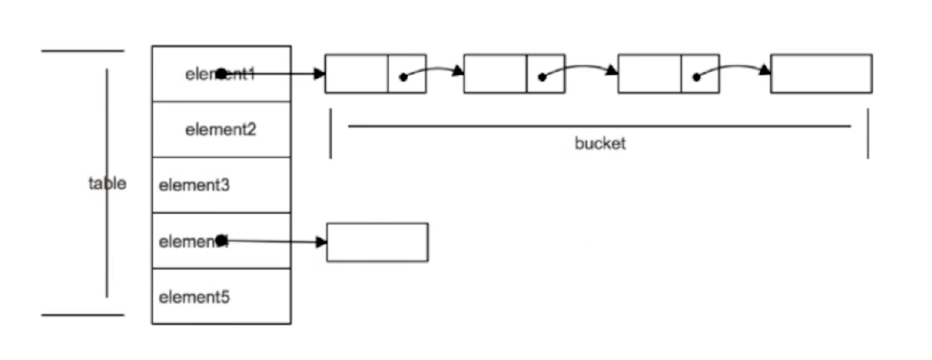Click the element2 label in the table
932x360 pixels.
point(220,130)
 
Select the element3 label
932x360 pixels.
point(194,185)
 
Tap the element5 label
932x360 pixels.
point(194,297)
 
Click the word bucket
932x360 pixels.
point(600,144)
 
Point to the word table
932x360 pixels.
point(107,183)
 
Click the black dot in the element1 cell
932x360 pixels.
point(221,74)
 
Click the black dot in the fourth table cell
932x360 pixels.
point(221,241)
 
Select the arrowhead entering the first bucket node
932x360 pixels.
point(320,74)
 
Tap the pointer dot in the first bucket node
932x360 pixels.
point(403,77)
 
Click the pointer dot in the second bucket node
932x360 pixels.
point(542,77)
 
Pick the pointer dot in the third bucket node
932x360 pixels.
point(696,77)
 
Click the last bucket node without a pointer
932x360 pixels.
point(821,74)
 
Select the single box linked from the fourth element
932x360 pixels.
point(377,242)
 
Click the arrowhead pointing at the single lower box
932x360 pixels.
point(321,242)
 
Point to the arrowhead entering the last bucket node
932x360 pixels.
point(765,71)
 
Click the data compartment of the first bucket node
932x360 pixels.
point(357,74)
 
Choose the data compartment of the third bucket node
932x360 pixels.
point(649,74)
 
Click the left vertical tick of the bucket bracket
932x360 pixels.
point(330,134)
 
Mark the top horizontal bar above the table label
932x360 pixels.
point(83,51)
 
